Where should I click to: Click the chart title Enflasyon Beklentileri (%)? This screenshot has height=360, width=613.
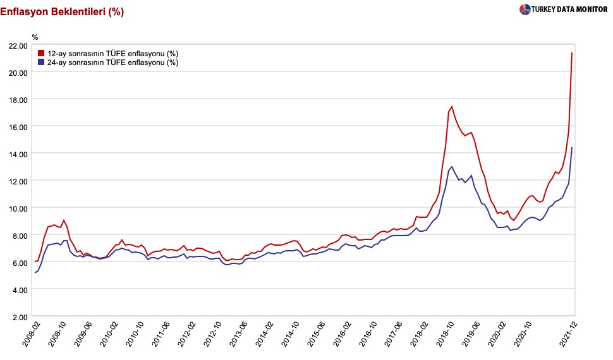tap(62, 11)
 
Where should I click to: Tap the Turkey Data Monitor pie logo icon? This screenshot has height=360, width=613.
tap(525, 9)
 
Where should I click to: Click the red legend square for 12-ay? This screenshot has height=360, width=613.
tap(41, 53)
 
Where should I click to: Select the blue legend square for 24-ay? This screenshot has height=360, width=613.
tap(41, 62)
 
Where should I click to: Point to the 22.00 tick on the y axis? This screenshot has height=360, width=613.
tap(16, 45)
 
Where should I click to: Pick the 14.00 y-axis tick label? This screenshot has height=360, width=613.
tap(16, 154)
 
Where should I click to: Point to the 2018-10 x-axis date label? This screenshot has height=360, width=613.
tap(442, 335)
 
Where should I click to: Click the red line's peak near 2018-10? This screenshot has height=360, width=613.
tap(452, 106)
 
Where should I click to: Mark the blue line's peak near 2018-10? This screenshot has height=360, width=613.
tap(451, 167)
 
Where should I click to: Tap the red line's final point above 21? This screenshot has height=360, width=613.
tap(572, 52)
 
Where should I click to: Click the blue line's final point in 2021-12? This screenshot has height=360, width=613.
tap(572, 148)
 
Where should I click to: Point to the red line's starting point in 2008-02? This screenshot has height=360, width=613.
tap(35, 261)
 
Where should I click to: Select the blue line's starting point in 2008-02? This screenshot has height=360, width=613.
tap(35, 273)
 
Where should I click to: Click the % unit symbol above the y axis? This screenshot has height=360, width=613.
tap(35, 36)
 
